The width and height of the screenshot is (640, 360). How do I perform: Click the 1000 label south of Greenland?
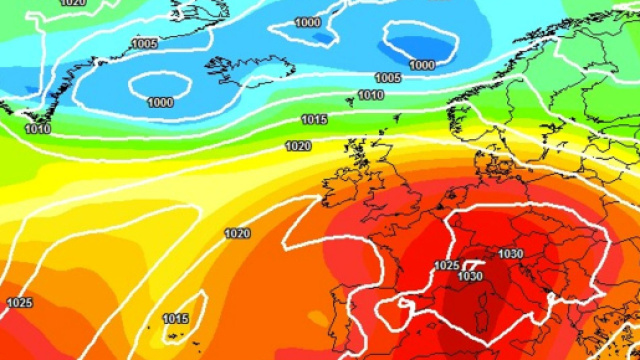click(x=160, y=102)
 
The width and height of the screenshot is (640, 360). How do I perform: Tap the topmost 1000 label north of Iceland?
click(x=308, y=22)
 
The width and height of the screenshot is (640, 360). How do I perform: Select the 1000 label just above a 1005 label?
click(x=421, y=65)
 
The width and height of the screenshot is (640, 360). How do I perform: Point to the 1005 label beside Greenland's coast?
click(x=144, y=44)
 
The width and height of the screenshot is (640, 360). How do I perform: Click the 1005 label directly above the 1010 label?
click(x=388, y=78)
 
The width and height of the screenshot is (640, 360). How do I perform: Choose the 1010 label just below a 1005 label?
click(x=370, y=95)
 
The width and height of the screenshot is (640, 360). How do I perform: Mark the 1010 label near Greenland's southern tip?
click(x=38, y=129)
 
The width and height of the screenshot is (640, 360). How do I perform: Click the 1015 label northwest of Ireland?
click(x=314, y=120)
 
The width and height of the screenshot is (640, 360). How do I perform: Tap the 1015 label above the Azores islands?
click(x=176, y=319)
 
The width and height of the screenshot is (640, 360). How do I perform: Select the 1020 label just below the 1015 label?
click(x=297, y=146)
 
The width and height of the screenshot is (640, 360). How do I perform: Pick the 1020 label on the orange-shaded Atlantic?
click(x=237, y=234)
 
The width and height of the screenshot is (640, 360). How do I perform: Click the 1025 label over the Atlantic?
click(x=19, y=302)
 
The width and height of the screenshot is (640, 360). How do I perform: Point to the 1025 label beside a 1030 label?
click(x=447, y=266)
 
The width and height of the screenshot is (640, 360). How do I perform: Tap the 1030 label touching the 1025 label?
click(x=470, y=276)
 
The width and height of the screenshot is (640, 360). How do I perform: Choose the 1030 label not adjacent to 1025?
click(x=510, y=254)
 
